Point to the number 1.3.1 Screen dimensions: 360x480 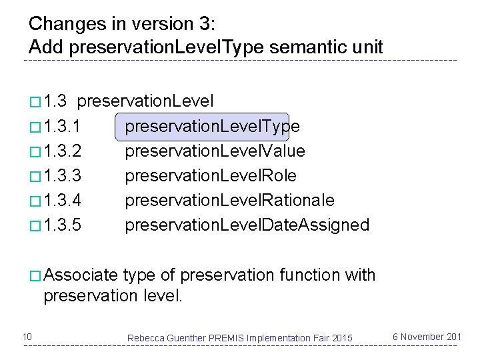[63, 127]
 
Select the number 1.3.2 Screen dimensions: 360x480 [63, 151]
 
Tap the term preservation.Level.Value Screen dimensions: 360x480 [215, 151]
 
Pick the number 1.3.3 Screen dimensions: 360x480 [63, 176]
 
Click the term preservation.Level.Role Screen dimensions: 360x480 [211, 176]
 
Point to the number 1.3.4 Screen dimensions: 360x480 [63, 201]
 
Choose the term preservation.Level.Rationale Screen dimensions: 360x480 [229, 201]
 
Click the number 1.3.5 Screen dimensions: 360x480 [63, 225]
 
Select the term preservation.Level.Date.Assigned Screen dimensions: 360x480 [247, 225]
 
